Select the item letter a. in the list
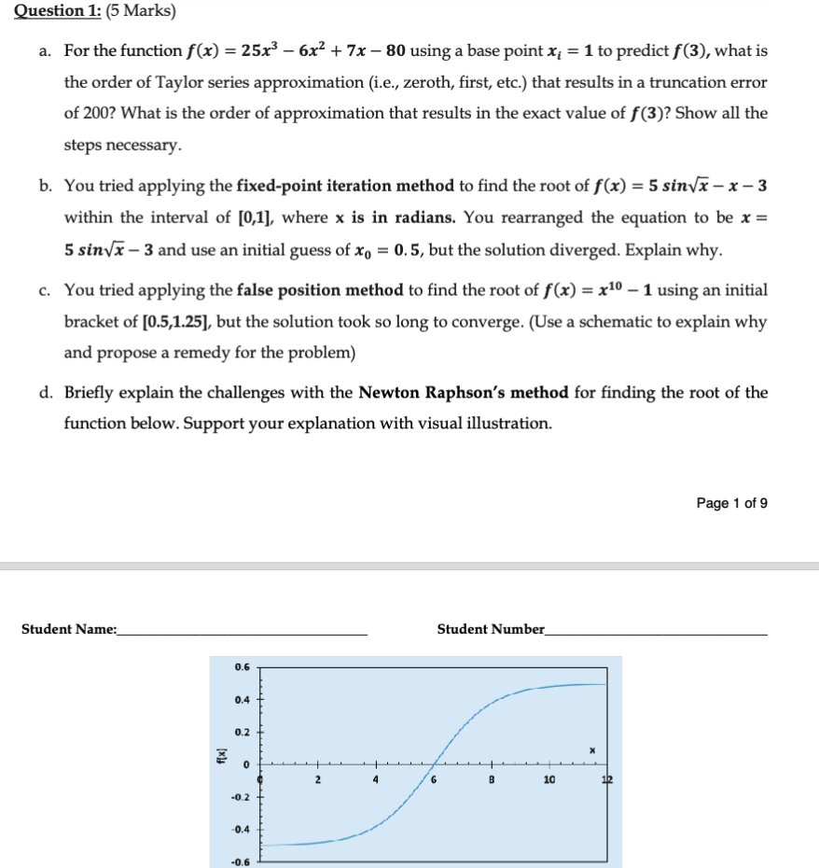(46, 50)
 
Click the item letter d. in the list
(46, 392)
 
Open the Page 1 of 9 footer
(731, 503)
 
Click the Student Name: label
(69, 630)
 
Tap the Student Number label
(491, 630)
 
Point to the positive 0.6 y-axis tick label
(243, 667)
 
